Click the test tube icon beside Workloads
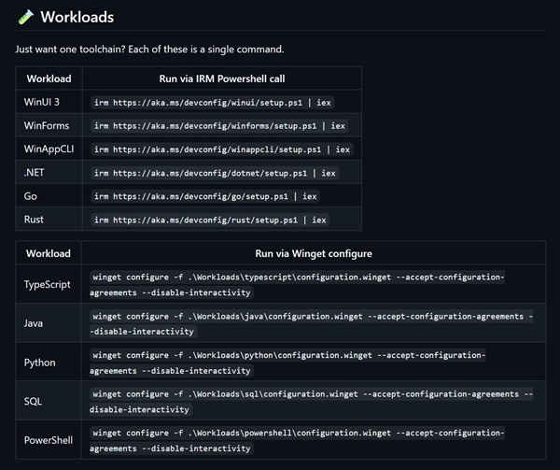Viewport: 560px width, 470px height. pyautogui.click(x=26, y=17)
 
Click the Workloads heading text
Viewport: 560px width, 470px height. pyautogui.click(x=77, y=17)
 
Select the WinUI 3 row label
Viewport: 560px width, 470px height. pyautogui.click(x=42, y=102)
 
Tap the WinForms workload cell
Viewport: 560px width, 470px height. pyautogui.click(x=47, y=126)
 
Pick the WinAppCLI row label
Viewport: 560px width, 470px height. pyautogui.click(x=49, y=150)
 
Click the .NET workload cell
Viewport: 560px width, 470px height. pyautogui.click(x=34, y=173)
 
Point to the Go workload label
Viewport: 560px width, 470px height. pyautogui.click(x=31, y=196)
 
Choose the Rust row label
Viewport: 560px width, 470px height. pyautogui.click(x=34, y=220)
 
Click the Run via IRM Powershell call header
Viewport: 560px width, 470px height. pyautogui.click(x=222, y=78)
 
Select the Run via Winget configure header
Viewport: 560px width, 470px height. pyautogui.click(x=314, y=253)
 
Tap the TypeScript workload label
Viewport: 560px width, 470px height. pyautogui.click(x=48, y=284)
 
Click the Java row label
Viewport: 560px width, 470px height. pyautogui.click(x=34, y=323)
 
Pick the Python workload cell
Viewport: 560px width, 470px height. pyautogui.click(x=39, y=363)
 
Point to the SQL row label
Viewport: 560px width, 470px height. pyautogui.click(x=33, y=402)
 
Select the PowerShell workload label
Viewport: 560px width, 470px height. pyautogui.click(x=49, y=440)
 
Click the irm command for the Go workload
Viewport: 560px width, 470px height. pyautogui.click(x=205, y=196)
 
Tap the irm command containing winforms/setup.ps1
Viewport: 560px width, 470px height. pyautogui.click(x=219, y=126)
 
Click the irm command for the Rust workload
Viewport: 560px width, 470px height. pyautogui.click(x=210, y=220)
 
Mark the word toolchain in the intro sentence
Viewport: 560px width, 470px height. pyautogui.click(x=102, y=49)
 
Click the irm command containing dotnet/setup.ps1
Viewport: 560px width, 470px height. pyautogui.click(x=215, y=173)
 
